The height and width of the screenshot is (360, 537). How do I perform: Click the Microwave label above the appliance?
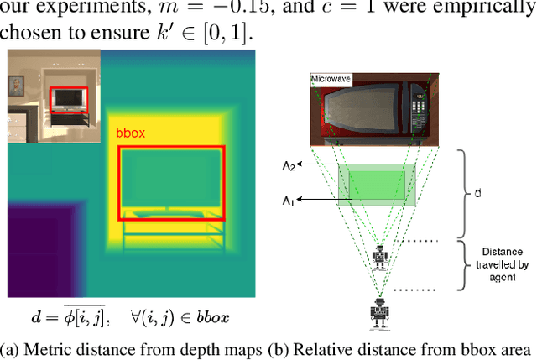(x=328, y=78)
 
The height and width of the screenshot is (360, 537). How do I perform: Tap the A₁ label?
(x=289, y=201)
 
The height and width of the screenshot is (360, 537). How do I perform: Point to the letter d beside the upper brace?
(x=478, y=192)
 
